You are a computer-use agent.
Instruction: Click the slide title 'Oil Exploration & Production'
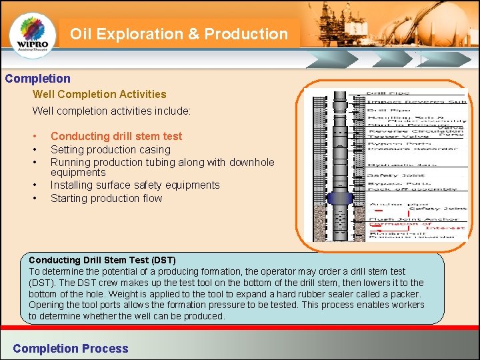click(x=179, y=34)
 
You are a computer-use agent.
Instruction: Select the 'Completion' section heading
click(x=37, y=79)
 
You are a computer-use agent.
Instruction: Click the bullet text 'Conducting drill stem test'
click(x=116, y=136)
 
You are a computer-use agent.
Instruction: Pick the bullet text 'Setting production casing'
click(x=111, y=149)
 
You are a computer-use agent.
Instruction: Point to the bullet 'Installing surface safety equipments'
click(x=135, y=185)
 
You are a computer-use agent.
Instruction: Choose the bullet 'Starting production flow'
click(x=106, y=198)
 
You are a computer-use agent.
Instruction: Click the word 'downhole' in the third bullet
click(x=251, y=162)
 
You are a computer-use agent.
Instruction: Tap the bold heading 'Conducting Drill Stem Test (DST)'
click(x=102, y=259)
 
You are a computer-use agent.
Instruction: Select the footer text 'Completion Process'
click(x=71, y=348)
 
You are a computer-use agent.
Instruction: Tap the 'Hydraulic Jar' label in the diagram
click(x=394, y=162)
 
